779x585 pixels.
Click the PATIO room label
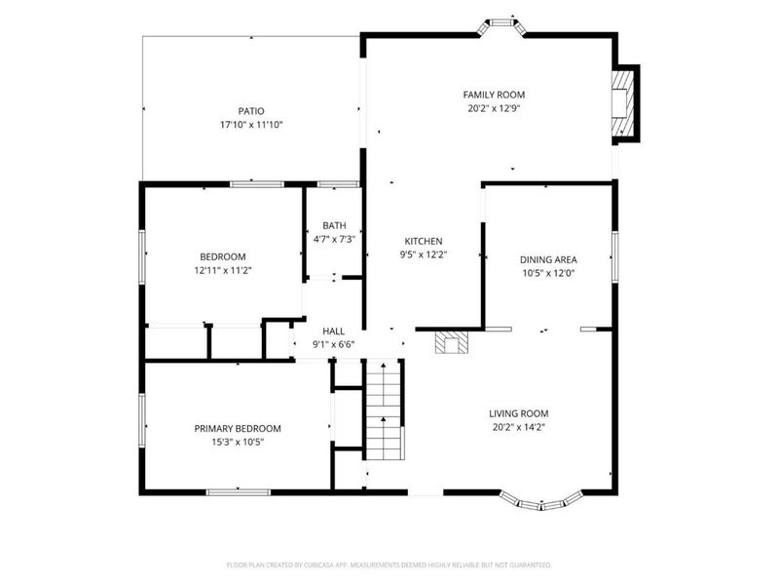[x=251, y=111]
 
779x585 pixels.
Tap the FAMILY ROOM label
[x=501, y=95]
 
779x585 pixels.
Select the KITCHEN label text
[x=424, y=241]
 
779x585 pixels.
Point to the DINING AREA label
[x=548, y=259]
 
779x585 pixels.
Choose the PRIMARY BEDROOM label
[x=237, y=428]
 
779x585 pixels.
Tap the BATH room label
[x=334, y=225]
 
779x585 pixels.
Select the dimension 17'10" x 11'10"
[x=251, y=125]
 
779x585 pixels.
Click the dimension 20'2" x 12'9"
[x=501, y=108]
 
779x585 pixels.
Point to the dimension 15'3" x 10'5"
[x=237, y=442]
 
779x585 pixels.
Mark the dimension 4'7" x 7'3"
[x=334, y=239]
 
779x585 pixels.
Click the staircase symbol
[x=384, y=409]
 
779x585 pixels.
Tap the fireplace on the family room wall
[x=620, y=104]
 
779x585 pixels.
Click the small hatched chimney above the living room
[x=451, y=342]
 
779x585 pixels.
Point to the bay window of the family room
[x=502, y=22]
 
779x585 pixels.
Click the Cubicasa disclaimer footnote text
[x=389, y=565]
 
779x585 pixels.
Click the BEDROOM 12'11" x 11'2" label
[x=223, y=263]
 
